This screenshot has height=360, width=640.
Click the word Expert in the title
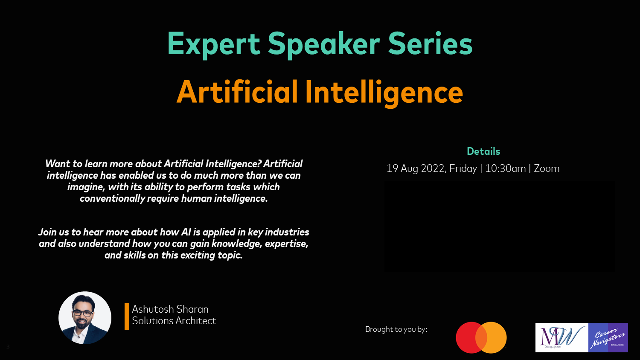pyautogui.click(x=214, y=44)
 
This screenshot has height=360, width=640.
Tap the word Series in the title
pyautogui.click(x=430, y=44)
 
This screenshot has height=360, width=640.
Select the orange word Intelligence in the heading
pyautogui.click(x=384, y=93)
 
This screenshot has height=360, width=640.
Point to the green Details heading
pyautogui.click(x=483, y=151)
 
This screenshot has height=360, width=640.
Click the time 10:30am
pyautogui.click(x=506, y=168)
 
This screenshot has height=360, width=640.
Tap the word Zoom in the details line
pyautogui.click(x=547, y=168)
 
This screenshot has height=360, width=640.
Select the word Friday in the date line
pyautogui.click(x=463, y=169)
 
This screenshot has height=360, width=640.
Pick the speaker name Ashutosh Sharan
pyautogui.click(x=170, y=309)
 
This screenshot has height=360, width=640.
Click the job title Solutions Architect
pyautogui.click(x=174, y=321)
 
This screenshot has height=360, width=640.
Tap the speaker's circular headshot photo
pyautogui.click(x=85, y=318)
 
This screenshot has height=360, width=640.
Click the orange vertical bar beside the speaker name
pyautogui.click(x=127, y=316)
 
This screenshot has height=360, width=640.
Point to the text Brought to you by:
pyautogui.click(x=396, y=329)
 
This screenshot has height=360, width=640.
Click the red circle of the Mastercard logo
pyautogui.click(x=468, y=337)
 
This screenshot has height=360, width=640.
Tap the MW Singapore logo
pyautogui.click(x=562, y=337)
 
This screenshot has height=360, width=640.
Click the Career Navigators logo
pyautogui.click(x=608, y=337)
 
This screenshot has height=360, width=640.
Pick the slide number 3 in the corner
pyautogui.click(x=8, y=347)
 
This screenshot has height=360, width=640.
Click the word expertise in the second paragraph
pyautogui.click(x=287, y=244)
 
